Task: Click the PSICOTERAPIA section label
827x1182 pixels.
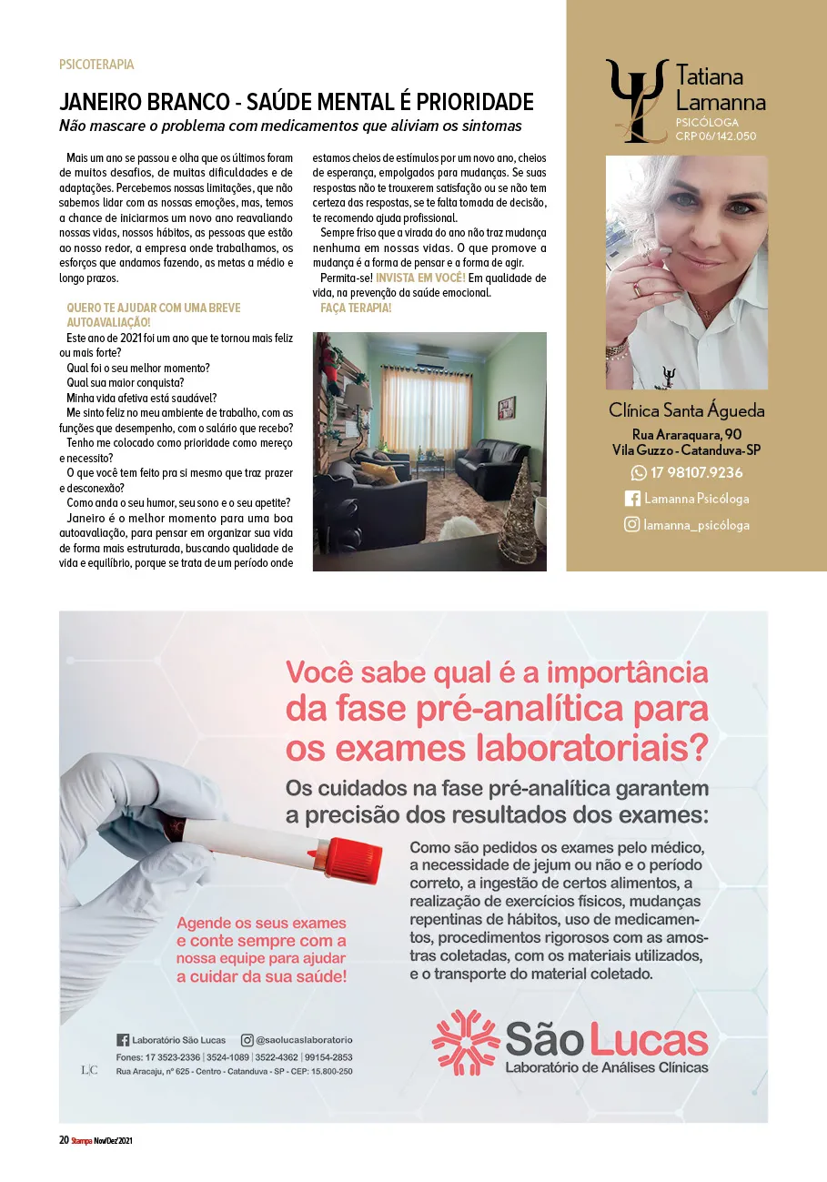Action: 96,65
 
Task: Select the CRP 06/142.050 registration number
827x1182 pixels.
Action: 716,136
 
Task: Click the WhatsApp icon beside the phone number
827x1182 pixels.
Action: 639,472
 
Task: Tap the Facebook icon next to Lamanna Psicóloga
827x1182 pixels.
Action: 632,499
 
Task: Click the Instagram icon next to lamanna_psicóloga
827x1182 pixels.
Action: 631,524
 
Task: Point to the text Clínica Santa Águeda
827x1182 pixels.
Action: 687,410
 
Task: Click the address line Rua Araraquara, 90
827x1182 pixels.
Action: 687,434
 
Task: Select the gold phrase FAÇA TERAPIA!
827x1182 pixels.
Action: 356,308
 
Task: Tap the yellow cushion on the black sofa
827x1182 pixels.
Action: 380,472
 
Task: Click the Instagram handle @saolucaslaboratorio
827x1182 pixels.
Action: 304,1039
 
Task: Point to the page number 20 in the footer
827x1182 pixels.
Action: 64,1140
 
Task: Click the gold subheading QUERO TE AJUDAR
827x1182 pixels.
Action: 154,308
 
